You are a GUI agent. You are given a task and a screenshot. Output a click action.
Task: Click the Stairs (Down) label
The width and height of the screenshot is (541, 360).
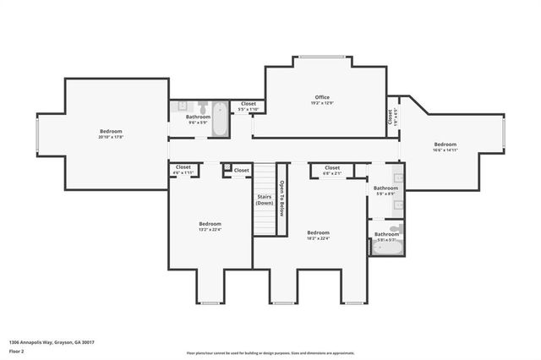pyautogui.click(x=265, y=200)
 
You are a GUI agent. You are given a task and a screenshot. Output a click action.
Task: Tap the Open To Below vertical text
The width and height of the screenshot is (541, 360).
pyautogui.click(x=282, y=199)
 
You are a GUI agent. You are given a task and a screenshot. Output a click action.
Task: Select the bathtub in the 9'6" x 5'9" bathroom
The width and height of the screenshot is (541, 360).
pyautogui.click(x=219, y=119)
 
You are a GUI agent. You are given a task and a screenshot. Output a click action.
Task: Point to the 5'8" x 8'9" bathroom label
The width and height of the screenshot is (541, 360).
pyautogui.click(x=385, y=190)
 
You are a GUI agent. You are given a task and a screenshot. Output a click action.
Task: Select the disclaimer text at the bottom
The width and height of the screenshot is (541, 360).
pyautogui.click(x=270, y=352)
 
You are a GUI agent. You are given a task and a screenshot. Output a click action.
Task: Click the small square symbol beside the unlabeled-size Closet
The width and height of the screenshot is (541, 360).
pyautogui.click(x=227, y=168)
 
